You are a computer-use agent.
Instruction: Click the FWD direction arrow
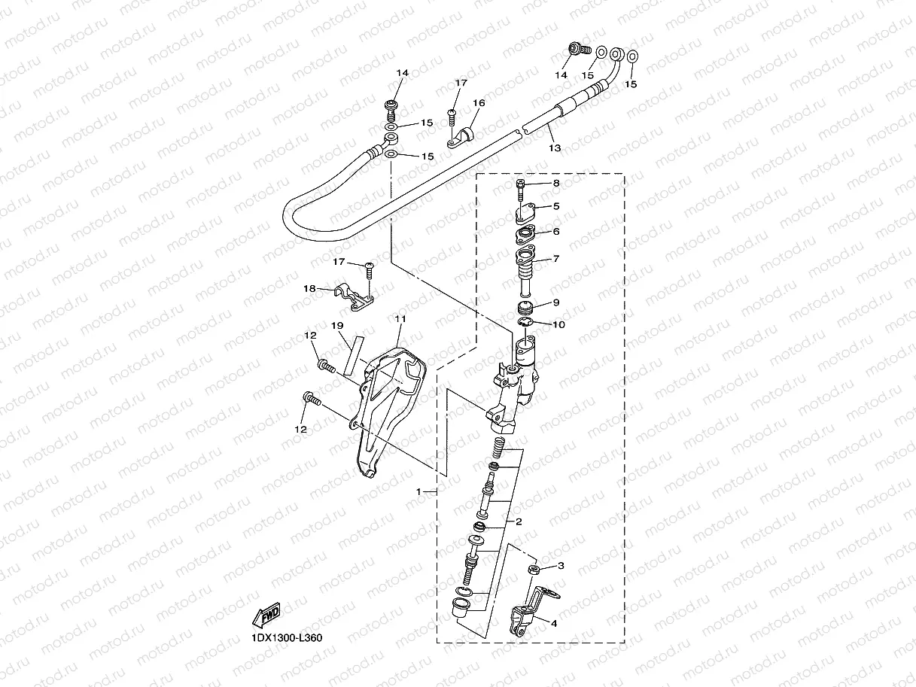click(266, 615)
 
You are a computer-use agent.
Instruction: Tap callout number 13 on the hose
click(554, 148)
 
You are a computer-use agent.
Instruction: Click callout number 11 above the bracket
click(400, 320)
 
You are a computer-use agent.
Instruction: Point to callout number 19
click(337, 325)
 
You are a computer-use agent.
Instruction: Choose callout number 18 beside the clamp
click(309, 288)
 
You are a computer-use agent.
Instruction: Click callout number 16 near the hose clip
click(479, 103)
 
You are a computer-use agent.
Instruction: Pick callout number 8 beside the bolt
click(556, 183)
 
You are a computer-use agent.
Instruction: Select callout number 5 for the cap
click(556, 205)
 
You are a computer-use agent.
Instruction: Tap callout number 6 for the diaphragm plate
click(556, 232)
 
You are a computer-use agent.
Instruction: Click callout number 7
click(556, 259)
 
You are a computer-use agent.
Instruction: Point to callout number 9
click(556, 302)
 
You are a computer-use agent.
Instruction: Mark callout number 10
click(558, 324)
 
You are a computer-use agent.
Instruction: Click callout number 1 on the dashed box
click(418, 491)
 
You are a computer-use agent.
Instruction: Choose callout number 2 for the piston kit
click(519, 521)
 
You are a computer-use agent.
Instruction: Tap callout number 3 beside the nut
click(560, 565)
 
